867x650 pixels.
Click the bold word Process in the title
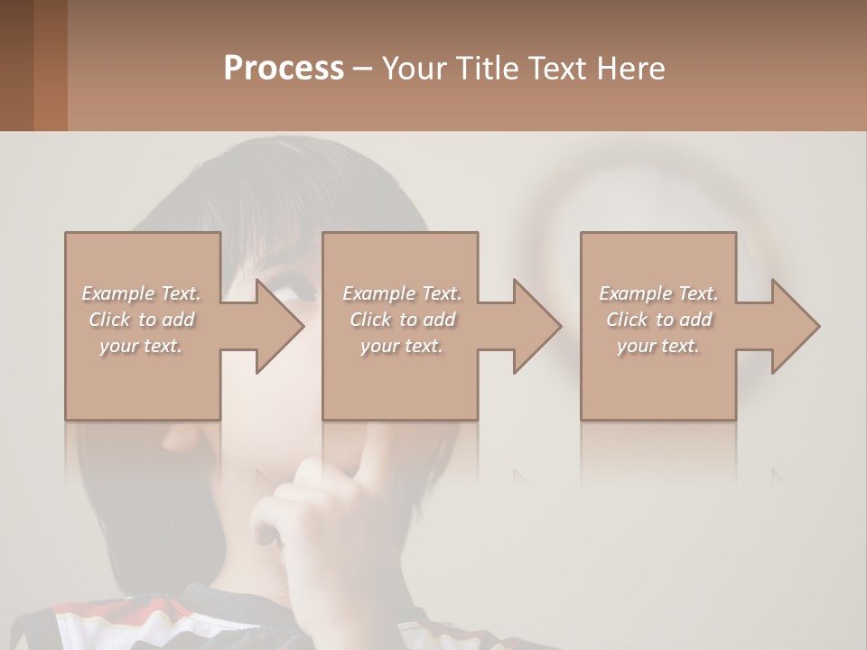(x=284, y=69)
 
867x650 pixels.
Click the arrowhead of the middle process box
(x=536, y=326)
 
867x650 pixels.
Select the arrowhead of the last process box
(x=795, y=326)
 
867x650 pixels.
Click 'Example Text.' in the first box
(x=142, y=293)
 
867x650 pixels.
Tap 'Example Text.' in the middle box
(x=402, y=293)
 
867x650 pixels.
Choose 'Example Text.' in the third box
(x=658, y=293)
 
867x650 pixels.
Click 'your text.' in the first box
(x=142, y=346)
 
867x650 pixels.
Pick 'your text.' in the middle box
(x=402, y=346)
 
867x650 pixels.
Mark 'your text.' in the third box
(x=658, y=346)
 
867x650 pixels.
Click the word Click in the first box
(x=108, y=320)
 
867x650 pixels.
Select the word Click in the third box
(x=627, y=320)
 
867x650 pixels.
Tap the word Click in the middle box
(x=370, y=320)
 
